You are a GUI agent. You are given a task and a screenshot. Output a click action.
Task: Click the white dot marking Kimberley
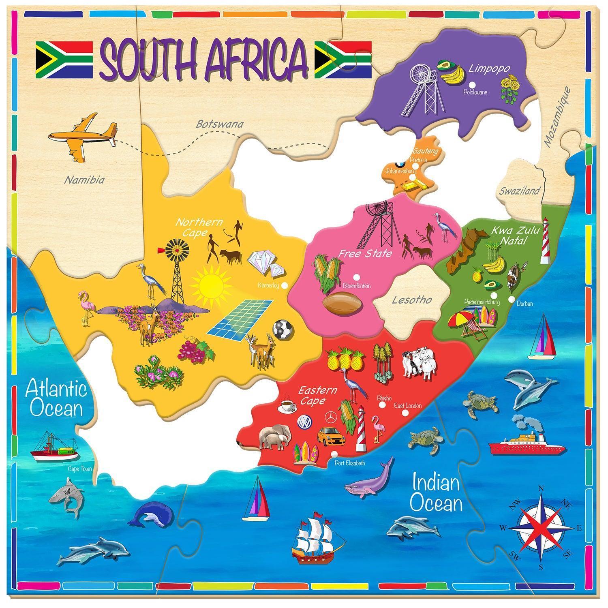tap(285, 285)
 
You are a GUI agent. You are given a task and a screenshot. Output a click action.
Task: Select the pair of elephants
tap(275, 437)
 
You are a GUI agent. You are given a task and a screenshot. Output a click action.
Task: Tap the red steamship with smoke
tap(526, 442)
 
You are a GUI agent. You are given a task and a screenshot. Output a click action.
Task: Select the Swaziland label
tap(514, 191)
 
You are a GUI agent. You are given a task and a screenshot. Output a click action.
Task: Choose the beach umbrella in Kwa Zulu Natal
tap(463, 317)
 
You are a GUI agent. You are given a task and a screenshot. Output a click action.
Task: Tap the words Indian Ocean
tap(436, 494)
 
